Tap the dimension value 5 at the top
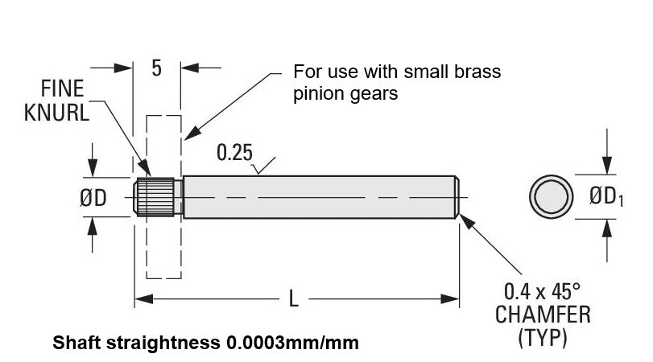click(156, 68)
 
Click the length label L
click(295, 299)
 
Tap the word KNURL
click(56, 113)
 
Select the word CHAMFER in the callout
click(543, 315)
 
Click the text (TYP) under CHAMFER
click(543, 338)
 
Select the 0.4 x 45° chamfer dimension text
click(543, 290)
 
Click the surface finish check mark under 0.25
click(259, 169)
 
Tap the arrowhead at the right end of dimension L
click(453, 299)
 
